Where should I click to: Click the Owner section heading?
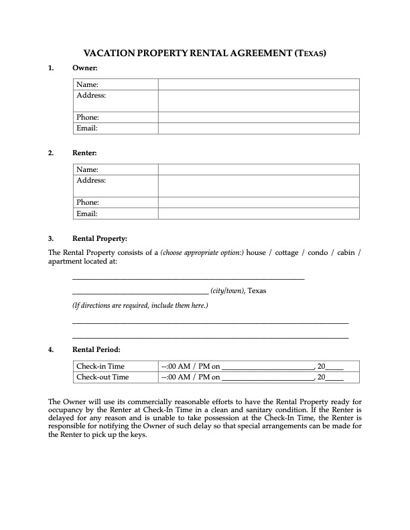point(85,68)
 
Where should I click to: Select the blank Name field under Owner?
point(259,84)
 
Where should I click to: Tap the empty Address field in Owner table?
point(259,100)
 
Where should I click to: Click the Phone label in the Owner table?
point(88,117)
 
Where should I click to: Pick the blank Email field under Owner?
point(259,128)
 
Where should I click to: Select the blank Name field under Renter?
point(259,170)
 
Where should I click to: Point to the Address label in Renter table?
point(91,181)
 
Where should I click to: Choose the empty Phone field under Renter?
point(259,202)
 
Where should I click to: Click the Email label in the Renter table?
point(87,213)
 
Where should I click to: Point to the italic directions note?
point(140,306)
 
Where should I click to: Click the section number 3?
point(51,238)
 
